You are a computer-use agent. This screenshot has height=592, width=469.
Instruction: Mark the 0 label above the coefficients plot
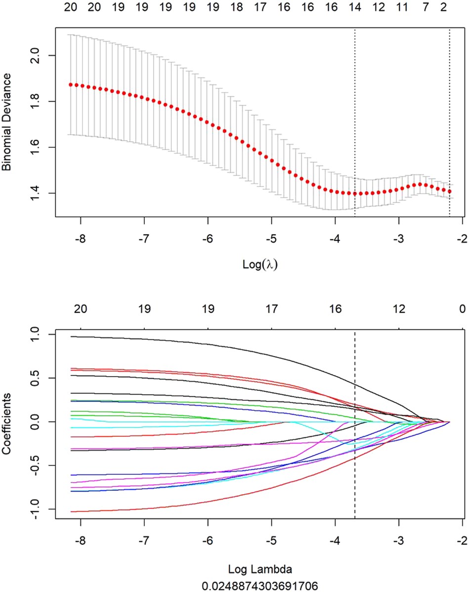(x=462, y=309)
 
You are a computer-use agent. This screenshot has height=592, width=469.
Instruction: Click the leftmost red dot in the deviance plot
(x=71, y=85)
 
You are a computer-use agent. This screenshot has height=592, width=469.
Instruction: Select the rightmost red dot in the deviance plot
(x=450, y=191)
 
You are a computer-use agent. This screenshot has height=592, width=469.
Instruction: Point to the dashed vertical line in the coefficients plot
(x=355, y=445)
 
